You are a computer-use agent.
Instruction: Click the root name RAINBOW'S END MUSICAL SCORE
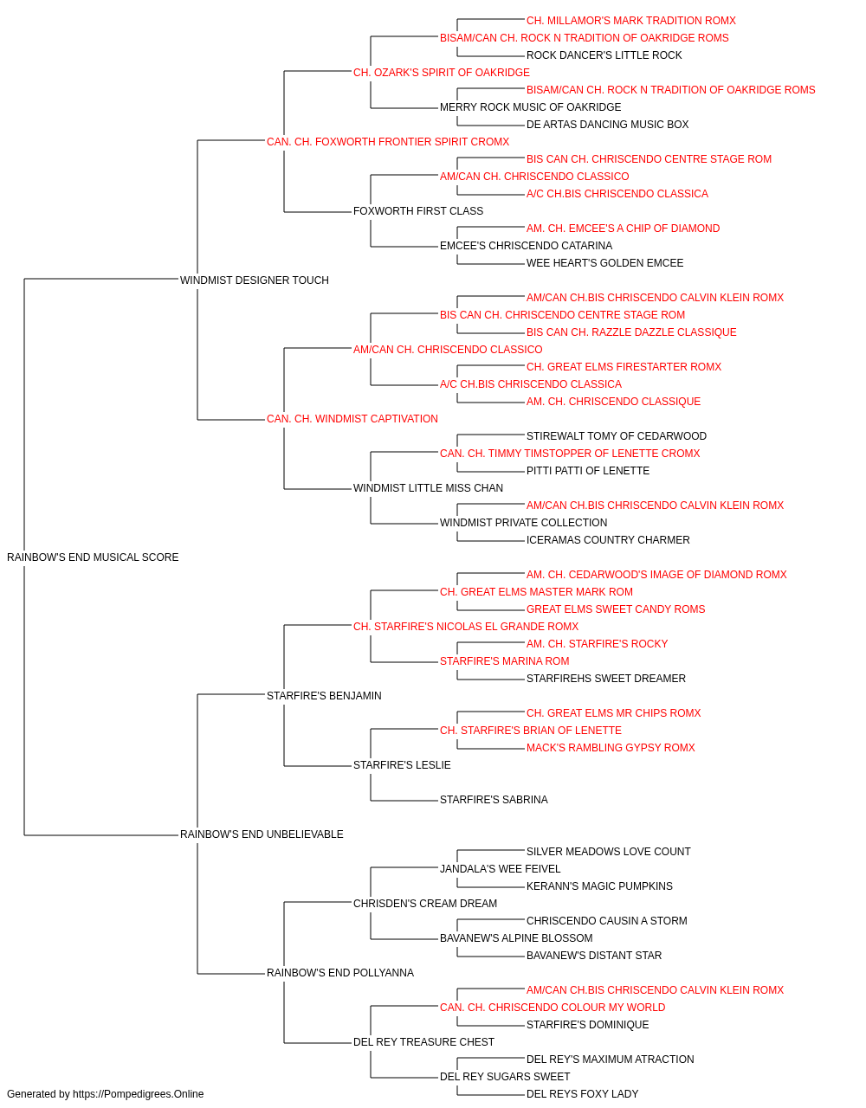[93, 557]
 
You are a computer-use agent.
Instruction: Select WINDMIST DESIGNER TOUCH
[255, 280]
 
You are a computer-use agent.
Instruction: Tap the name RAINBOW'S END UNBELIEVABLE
[262, 834]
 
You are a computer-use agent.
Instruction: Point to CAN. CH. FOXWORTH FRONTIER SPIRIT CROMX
[388, 142]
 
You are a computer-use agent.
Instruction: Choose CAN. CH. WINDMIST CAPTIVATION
[352, 419]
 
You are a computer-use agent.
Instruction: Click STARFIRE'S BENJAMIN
[324, 696]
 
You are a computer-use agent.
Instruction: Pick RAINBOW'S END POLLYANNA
[340, 973]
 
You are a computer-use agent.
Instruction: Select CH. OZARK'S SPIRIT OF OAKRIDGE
[442, 73]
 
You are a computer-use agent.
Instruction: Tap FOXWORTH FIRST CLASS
[418, 211]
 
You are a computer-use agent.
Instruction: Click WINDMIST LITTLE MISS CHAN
[429, 488]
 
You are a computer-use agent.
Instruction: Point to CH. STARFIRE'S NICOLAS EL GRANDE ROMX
[466, 627]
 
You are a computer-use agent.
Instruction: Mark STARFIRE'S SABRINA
[494, 800]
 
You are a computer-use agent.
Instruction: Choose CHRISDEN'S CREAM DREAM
[425, 904]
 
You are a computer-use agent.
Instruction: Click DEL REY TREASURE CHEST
[423, 1042]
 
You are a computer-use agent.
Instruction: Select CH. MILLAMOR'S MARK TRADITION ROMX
[631, 21]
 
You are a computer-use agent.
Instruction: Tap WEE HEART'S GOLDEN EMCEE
[604, 263]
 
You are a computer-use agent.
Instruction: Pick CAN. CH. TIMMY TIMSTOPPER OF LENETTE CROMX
[570, 454]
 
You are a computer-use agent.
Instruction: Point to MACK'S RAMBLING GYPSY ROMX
[611, 748]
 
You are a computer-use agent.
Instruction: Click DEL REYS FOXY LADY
[583, 1094]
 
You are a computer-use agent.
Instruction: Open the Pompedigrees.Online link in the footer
[139, 1094]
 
